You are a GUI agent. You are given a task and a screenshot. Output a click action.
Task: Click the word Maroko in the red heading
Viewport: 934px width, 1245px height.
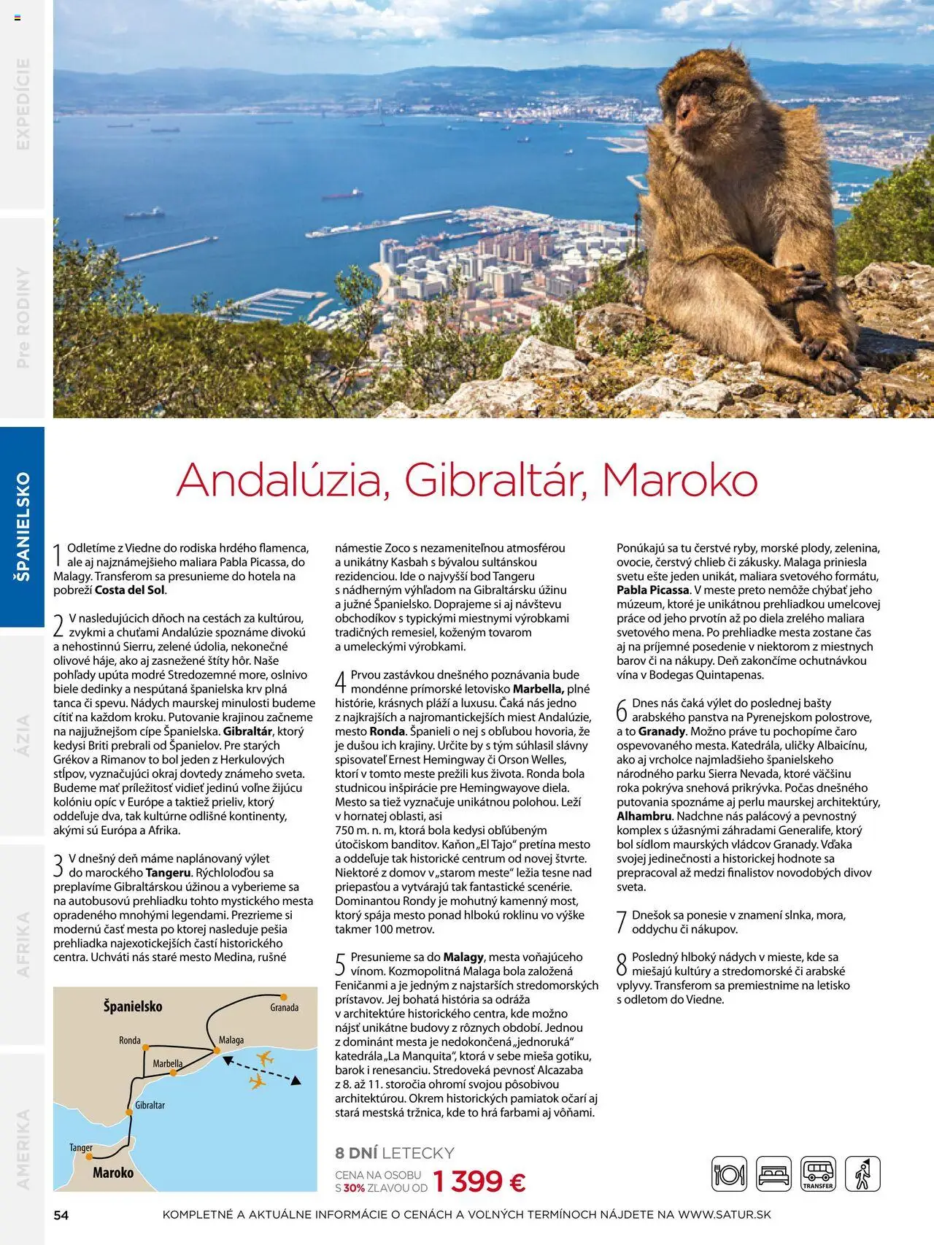[x=680, y=480]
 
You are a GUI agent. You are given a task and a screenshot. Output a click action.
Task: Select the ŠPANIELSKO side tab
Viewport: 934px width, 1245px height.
[x=23, y=526]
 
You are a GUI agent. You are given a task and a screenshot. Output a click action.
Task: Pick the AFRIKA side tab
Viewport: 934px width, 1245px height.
[x=23, y=944]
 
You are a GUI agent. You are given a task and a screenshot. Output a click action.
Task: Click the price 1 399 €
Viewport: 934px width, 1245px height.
[x=479, y=1182]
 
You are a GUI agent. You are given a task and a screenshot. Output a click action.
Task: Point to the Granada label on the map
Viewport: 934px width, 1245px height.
[x=284, y=1008]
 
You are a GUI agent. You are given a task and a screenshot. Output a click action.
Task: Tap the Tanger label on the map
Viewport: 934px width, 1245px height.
[x=81, y=1148]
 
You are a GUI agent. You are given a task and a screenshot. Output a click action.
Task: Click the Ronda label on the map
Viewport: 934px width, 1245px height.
[x=130, y=1041]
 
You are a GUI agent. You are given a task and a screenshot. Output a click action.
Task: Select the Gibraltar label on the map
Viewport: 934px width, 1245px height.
[x=150, y=1106]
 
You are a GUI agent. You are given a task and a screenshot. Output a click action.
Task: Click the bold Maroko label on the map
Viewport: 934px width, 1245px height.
[x=113, y=1173]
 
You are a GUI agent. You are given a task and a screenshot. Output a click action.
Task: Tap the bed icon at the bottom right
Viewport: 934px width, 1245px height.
[x=773, y=1174]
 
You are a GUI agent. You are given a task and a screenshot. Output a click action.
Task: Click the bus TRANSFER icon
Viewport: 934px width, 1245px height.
[x=818, y=1174]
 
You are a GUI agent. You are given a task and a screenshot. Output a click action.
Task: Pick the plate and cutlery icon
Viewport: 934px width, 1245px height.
[x=729, y=1174]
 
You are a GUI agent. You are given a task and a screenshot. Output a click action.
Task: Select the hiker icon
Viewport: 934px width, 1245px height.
[x=862, y=1174]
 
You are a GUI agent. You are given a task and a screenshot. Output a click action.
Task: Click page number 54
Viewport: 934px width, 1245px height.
[x=61, y=1215]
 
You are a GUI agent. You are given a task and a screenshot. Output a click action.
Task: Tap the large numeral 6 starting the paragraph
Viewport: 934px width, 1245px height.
[x=622, y=710]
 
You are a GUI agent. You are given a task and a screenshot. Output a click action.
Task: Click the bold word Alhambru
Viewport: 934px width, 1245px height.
[x=644, y=816]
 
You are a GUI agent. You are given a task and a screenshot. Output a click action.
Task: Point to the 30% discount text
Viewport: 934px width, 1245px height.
[x=354, y=1188]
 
